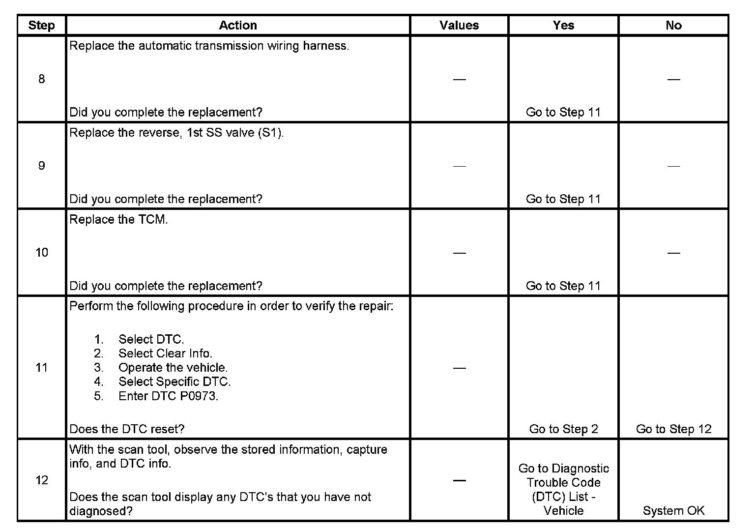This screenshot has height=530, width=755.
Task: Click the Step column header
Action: [41, 26]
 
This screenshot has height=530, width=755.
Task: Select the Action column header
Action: [238, 26]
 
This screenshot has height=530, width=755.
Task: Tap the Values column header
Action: [459, 26]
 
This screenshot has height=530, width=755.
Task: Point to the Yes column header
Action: [563, 26]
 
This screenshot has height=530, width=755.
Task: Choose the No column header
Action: [673, 26]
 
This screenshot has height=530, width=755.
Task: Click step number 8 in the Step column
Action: [41, 79]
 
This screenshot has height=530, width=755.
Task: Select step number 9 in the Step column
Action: [41, 166]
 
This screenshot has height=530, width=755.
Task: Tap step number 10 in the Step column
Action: [41, 253]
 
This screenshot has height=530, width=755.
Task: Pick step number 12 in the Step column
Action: [41, 480]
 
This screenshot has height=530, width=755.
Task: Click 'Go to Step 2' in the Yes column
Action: [563, 429]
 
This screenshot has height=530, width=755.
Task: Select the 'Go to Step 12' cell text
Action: [673, 429]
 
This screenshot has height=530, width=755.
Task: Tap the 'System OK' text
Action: [673, 511]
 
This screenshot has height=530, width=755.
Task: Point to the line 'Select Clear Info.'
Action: [165, 353]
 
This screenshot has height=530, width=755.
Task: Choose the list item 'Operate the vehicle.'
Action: [173, 368]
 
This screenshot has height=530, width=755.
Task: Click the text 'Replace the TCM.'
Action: [118, 220]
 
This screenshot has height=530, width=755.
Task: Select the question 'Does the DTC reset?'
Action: [127, 429]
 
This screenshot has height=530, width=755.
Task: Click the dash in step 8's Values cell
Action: [459, 80]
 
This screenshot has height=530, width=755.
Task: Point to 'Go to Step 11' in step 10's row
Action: [563, 286]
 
